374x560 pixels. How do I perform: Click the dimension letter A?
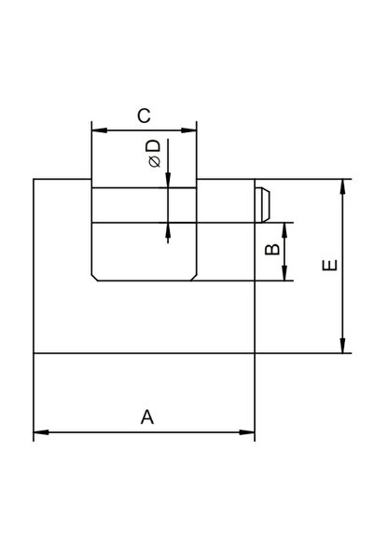coord(147,417)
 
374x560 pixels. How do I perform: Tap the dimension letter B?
coord(272,249)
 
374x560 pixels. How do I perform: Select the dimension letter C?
coord(144,116)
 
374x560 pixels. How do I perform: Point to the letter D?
coord(154,146)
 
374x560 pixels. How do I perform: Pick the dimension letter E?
coord(329,265)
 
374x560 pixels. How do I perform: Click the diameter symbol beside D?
coord(155,162)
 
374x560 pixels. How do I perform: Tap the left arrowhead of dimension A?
coord(41,432)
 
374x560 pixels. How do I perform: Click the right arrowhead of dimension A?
coord(247,432)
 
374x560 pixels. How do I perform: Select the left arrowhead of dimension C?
coord(100,130)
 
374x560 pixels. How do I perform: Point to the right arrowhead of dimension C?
coord(188,130)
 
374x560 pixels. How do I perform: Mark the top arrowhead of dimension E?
coord(342,186)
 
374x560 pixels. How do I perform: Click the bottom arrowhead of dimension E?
coord(342,346)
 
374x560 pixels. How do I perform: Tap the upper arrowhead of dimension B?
coord(284,230)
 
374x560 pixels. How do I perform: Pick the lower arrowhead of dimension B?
coord(284,273)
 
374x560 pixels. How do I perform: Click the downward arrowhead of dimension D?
coord(168,180)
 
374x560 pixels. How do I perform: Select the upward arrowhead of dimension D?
coord(168,230)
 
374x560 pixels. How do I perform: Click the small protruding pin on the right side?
coord(262,205)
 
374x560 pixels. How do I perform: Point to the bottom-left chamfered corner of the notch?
coord(94,278)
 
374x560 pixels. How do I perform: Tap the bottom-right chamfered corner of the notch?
coord(193,278)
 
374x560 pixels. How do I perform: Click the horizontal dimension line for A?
coord(144,432)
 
